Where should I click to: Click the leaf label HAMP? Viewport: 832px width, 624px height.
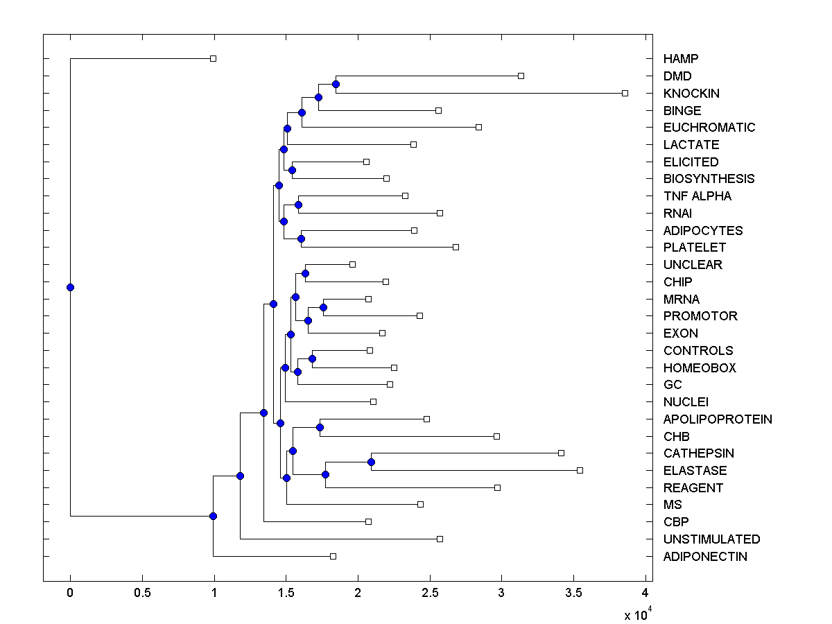tap(680, 59)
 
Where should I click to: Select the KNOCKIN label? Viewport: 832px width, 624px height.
tap(691, 94)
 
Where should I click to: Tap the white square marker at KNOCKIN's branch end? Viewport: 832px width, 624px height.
tap(625, 93)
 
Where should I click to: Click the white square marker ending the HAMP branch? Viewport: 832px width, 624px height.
tap(213, 58)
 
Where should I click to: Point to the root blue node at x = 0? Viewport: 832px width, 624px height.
tap(70, 287)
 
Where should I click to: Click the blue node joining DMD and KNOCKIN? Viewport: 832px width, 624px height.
tap(336, 84)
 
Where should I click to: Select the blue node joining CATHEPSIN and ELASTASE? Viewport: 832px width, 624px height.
tap(371, 462)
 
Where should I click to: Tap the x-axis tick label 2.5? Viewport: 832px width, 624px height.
tap(430, 593)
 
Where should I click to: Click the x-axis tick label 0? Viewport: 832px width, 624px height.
tap(70, 593)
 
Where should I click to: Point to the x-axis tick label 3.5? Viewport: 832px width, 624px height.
tap(573, 593)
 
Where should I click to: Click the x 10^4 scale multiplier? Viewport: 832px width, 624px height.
tap(637, 614)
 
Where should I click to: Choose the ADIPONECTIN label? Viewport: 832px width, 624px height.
tap(705, 557)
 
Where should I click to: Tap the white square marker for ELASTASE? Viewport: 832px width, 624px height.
tap(580, 470)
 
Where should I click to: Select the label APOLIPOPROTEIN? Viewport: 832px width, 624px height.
tap(718, 419)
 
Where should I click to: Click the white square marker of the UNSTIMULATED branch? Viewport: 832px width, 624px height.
tap(440, 539)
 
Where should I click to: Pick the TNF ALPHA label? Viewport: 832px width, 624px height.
tap(697, 196)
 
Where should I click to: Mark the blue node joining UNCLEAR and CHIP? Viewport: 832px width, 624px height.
tap(305, 273)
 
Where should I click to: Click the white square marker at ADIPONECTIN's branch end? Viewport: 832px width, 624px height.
tap(333, 556)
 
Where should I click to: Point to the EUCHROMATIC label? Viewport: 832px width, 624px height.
tap(709, 128)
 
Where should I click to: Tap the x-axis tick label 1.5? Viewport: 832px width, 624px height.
tap(286, 593)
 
